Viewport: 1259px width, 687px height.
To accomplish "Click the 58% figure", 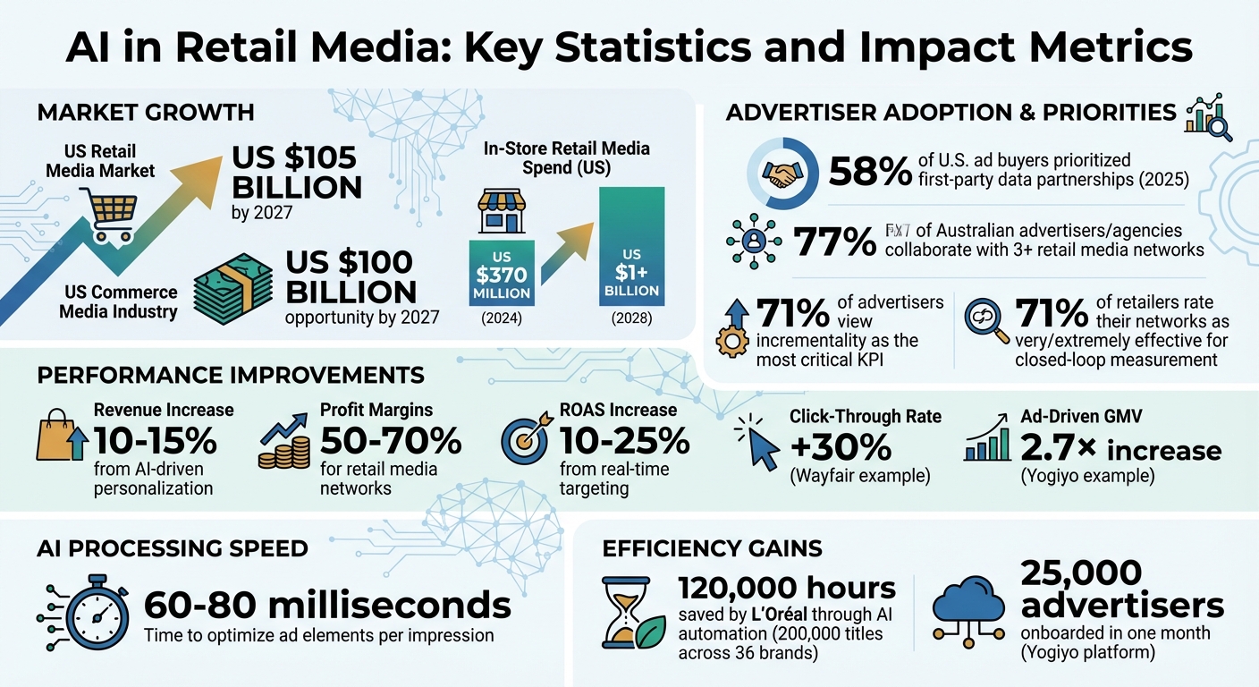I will (x=870, y=172).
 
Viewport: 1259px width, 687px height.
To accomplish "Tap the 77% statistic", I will (x=835, y=242).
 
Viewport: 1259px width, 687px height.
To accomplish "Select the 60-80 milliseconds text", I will (x=327, y=606).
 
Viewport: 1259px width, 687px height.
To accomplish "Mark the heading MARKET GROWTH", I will (x=146, y=113).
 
